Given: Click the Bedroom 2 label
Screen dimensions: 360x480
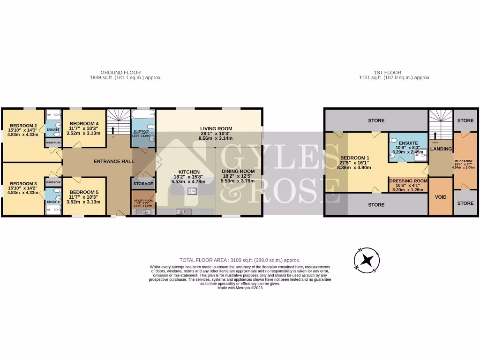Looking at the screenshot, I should click(23, 126).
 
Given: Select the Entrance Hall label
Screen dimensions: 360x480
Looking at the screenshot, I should click(114, 161).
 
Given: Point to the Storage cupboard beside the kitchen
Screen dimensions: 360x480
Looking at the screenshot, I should click(143, 184).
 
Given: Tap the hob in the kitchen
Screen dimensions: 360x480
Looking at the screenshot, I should click(192, 190).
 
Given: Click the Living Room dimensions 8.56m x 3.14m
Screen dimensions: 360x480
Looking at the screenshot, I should click(216, 139).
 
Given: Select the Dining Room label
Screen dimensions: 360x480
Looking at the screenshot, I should click(238, 172).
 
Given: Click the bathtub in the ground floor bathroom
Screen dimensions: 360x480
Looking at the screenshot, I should click(143, 114).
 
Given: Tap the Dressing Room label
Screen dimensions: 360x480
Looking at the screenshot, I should click(408, 180).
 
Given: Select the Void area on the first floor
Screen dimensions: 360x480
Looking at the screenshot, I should click(441, 197).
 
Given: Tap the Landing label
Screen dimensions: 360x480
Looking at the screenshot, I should click(441, 149).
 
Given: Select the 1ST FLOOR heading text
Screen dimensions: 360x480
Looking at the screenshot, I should click(387, 73).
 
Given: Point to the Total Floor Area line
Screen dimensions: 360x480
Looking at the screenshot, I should click(240, 260).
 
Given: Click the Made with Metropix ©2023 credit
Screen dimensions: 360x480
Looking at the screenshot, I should click(240, 288).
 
